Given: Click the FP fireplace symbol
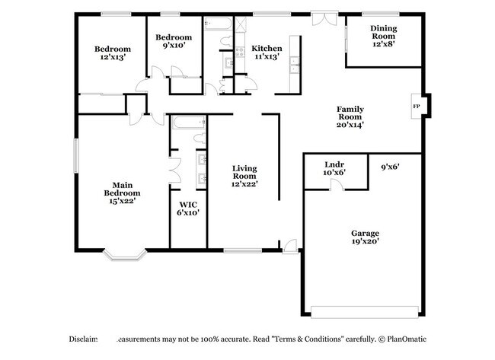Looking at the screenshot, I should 416,107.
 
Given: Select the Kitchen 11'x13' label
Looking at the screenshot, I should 267,51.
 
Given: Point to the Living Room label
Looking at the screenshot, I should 244,174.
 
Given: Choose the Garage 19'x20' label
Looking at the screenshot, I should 365,236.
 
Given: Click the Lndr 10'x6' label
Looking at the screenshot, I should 334,167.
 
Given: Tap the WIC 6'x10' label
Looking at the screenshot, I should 189,208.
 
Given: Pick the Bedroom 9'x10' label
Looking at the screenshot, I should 174,41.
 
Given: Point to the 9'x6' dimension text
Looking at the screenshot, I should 390,165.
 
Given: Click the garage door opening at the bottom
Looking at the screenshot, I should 365,311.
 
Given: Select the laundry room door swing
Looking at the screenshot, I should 337,184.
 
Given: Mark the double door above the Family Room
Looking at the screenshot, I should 322,18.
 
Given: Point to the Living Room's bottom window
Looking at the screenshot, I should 244,250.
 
